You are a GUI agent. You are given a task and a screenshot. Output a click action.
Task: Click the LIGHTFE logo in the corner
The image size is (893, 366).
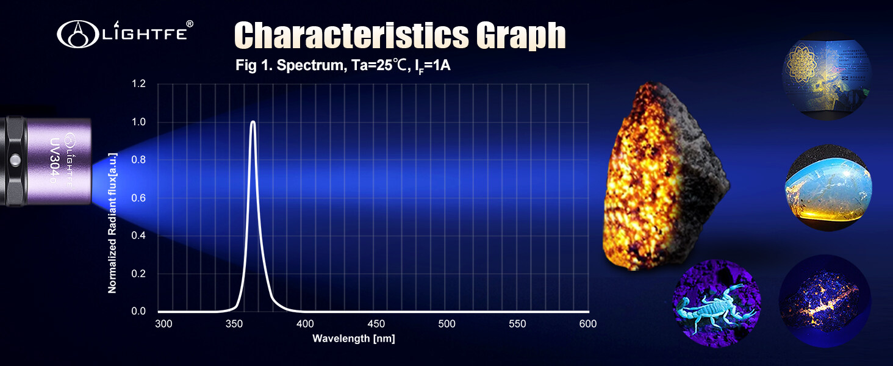click(x=125, y=34)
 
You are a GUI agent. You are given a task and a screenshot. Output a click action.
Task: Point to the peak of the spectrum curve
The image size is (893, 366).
click(x=253, y=122)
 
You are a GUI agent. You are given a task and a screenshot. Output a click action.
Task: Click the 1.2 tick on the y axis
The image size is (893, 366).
click(x=139, y=84)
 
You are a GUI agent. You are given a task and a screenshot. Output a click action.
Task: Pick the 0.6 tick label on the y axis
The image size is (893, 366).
click(x=139, y=198)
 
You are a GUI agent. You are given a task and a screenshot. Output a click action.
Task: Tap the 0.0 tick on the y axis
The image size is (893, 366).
click(x=139, y=311)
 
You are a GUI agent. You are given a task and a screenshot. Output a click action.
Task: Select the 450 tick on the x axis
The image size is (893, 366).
click(x=376, y=324)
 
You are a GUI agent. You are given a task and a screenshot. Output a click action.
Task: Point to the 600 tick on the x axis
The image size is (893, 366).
click(x=588, y=324)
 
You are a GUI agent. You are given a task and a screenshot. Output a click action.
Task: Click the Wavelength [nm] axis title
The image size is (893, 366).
click(x=354, y=338)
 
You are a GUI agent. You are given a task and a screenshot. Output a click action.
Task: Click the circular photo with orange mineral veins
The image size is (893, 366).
click(x=825, y=300)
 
